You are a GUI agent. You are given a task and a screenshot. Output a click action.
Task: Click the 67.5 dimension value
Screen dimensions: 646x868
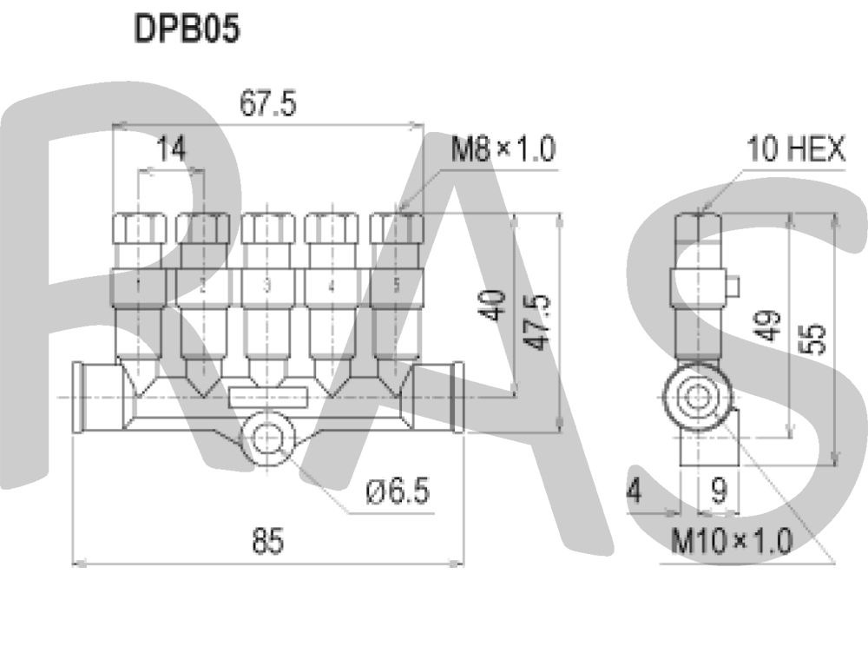(x=267, y=104)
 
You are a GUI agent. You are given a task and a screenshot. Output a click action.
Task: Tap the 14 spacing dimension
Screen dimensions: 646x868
(x=172, y=150)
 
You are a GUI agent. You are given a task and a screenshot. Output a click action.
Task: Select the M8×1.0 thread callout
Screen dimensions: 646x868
(x=502, y=150)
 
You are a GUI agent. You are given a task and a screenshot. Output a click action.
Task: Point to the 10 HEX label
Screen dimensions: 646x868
(x=796, y=150)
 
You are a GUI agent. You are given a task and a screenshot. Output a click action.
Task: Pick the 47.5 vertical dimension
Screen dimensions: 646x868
(x=538, y=321)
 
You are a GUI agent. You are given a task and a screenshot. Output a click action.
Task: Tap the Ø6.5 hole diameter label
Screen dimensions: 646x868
(x=398, y=492)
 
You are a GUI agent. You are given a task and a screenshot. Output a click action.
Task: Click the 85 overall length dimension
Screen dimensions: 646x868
(x=267, y=542)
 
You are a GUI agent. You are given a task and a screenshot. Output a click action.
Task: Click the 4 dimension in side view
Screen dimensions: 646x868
(x=635, y=492)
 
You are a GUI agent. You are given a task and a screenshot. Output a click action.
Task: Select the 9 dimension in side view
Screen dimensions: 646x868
(x=719, y=492)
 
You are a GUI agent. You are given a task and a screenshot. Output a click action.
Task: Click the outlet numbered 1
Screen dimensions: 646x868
(x=139, y=285)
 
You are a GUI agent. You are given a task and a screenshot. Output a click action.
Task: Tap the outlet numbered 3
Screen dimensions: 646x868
(x=267, y=285)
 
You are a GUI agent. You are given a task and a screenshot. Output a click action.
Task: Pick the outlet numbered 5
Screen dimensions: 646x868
(x=396, y=285)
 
